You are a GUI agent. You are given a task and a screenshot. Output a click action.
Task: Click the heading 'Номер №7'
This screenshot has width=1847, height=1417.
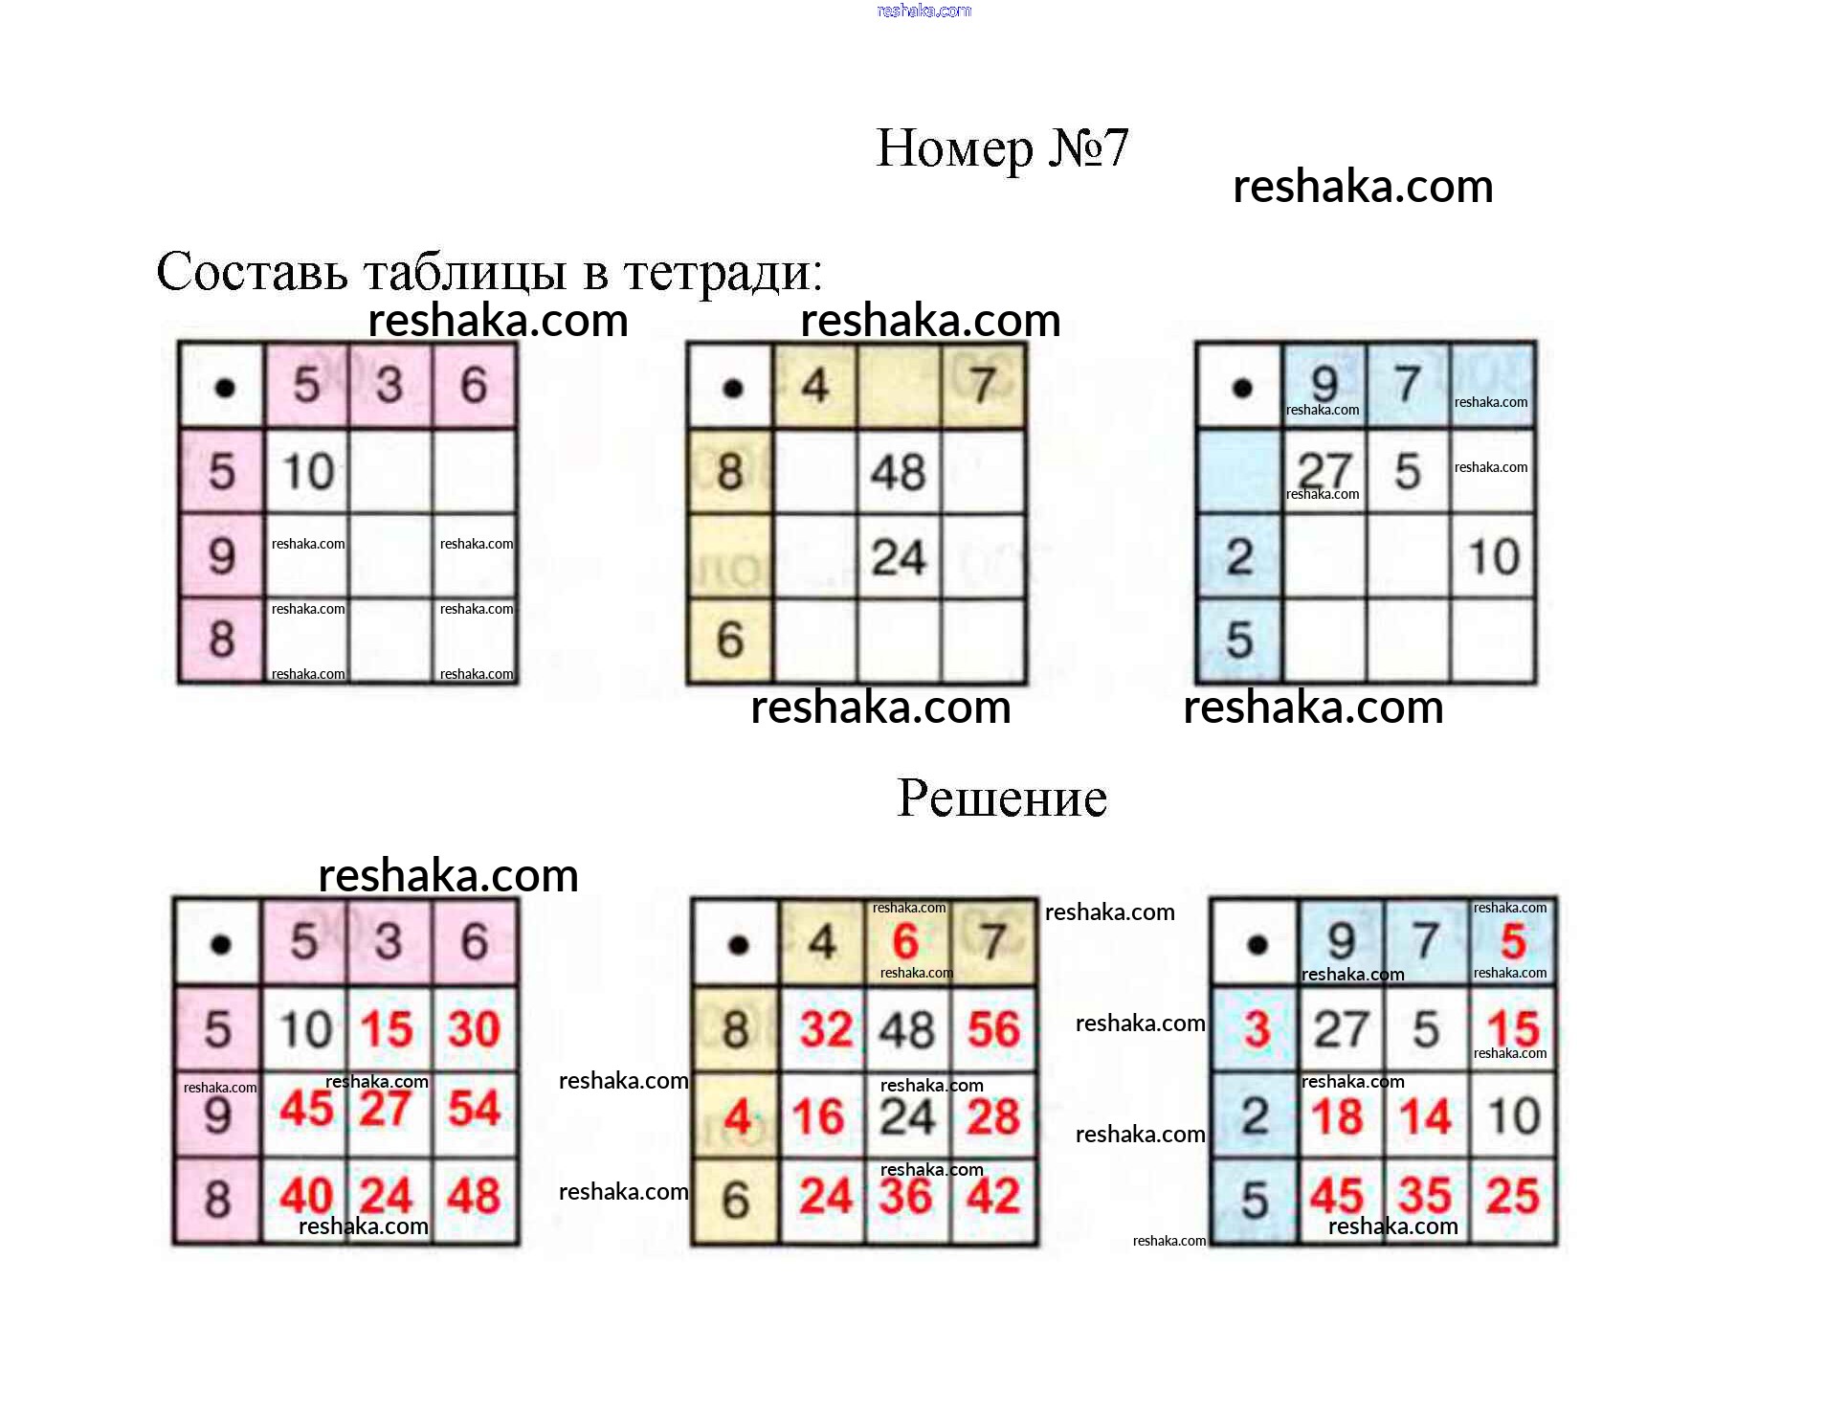pyautogui.click(x=1001, y=148)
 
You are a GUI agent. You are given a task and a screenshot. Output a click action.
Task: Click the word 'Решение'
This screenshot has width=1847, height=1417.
pyautogui.click(x=1001, y=798)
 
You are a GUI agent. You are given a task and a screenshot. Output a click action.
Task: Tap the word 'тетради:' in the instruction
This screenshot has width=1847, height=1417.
pyautogui.click(x=723, y=272)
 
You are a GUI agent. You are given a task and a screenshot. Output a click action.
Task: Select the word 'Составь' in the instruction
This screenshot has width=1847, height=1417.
pyautogui.click(x=252, y=272)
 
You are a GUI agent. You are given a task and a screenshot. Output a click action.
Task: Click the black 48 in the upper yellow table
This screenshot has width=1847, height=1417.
pyautogui.click(x=898, y=472)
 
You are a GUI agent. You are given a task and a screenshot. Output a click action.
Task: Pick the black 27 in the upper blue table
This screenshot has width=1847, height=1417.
pyautogui.click(x=1324, y=470)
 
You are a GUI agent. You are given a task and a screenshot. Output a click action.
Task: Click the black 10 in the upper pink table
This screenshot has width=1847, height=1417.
pyautogui.click(x=307, y=471)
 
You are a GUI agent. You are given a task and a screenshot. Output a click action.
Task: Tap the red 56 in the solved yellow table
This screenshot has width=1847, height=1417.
pyautogui.click(x=992, y=1029)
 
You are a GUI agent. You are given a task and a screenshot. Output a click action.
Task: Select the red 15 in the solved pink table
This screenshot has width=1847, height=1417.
pyautogui.click(x=387, y=1029)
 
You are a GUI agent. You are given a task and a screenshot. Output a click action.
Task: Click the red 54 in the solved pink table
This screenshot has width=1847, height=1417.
pyautogui.click(x=474, y=1109)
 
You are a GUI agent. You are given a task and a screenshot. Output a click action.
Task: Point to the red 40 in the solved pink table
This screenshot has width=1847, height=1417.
pyautogui.click(x=306, y=1196)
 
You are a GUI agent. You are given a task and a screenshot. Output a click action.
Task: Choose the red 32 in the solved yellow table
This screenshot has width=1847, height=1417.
pyautogui.click(x=826, y=1029)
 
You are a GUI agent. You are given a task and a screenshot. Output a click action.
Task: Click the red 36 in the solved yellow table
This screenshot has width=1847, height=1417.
pyautogui.click(x=905, y=1196)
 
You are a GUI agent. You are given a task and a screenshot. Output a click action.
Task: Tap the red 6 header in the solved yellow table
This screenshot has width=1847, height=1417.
pyautogui.click(x=905, y=942)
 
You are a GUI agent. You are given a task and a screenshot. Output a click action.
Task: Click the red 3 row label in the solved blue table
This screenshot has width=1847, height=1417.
pyautogui.click(x=1257, y=1029)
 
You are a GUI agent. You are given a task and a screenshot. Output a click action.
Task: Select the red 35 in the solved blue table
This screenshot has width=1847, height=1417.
pyautogui.click(x=1425, y=1196)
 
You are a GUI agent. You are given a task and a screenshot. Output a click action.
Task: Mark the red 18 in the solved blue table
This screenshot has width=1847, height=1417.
pyautogui.click(x=1337, y=1116)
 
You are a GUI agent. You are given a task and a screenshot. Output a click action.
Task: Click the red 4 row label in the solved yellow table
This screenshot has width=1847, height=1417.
pyautogui.click(x=736, y=1116)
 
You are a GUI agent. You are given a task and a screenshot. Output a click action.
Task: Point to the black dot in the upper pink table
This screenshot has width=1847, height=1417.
pyautogui.click(x=225, y=388)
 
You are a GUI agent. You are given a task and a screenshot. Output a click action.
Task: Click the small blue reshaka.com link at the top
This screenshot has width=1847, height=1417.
pyautogui.click(x=923, y=11)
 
